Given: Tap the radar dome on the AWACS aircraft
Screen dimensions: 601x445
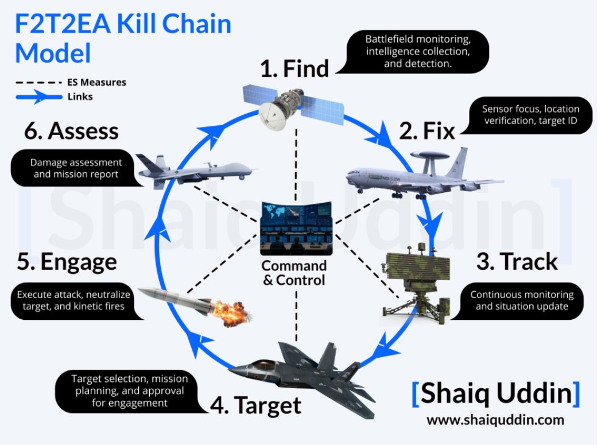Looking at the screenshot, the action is point(430,155).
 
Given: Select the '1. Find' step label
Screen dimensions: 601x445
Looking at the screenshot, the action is point(294,68).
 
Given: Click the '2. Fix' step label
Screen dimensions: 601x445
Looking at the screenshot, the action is point(426,131).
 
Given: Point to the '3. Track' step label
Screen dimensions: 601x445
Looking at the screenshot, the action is point(517,261).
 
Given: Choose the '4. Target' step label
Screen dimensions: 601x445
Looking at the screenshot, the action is point(255,405).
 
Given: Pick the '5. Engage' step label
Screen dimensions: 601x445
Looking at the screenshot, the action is point(67,262).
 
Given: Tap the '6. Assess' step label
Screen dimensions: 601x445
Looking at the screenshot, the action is point(71,131).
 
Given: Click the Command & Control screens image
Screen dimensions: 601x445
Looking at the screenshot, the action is point(296,229).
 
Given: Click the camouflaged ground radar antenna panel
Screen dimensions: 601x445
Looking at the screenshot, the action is point(418,266).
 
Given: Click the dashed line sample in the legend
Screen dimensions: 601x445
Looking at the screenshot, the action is point(38,83).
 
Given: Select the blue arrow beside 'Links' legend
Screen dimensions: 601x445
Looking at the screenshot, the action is point(38,96).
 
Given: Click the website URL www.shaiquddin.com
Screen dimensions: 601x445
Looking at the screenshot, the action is point(495,420).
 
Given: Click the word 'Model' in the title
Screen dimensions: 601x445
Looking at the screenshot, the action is point(53,53).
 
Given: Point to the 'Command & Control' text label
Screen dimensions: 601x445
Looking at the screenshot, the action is point(294,273).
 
